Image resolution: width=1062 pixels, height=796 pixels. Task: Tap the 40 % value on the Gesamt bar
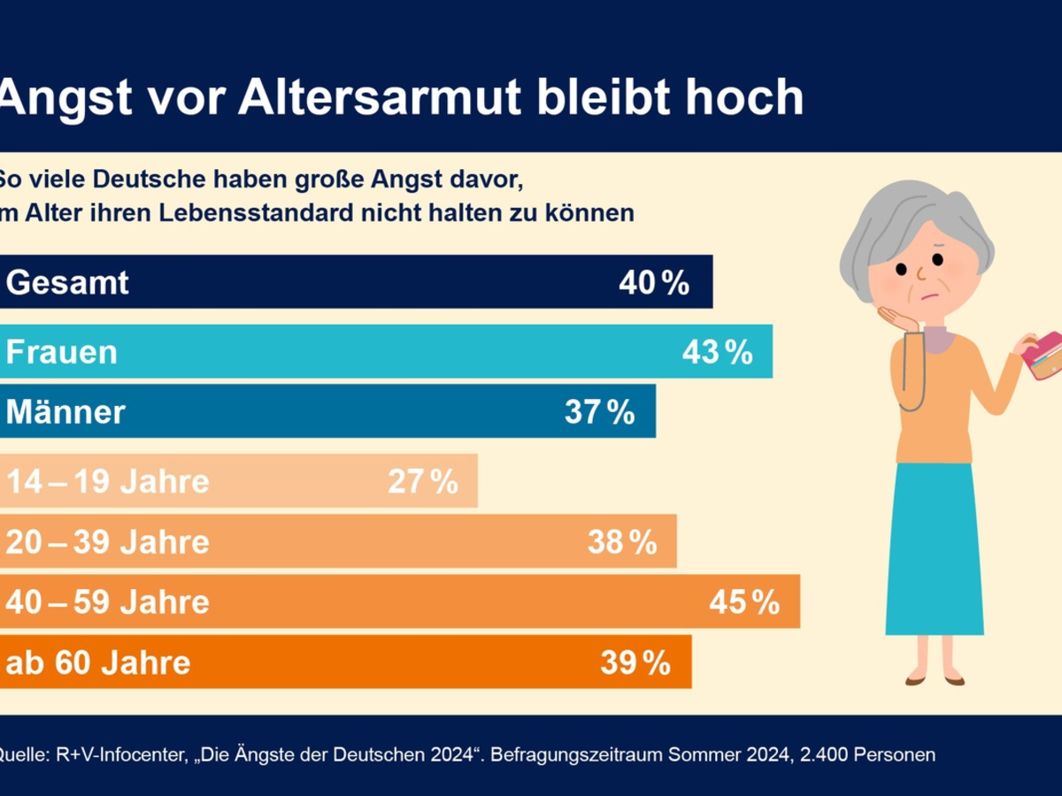654,283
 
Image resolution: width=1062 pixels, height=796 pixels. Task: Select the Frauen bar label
62,352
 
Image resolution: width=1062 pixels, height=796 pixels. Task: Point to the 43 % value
717,352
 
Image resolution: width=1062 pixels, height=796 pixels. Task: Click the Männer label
65,411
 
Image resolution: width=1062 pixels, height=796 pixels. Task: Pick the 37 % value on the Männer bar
600,411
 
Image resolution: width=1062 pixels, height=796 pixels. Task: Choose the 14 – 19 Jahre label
108,482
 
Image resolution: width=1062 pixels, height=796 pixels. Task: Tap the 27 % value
423,482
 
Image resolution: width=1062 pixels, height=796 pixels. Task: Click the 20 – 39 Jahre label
108,541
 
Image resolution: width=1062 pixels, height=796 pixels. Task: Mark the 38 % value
622,541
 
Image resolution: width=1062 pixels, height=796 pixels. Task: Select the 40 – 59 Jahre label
108,601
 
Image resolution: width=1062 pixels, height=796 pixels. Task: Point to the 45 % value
744,601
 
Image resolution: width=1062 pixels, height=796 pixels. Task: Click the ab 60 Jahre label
98,662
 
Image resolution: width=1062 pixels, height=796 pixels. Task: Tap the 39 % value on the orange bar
635,662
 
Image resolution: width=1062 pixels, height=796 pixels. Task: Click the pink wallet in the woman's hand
1043,355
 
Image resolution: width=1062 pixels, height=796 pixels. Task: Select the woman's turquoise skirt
934,548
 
